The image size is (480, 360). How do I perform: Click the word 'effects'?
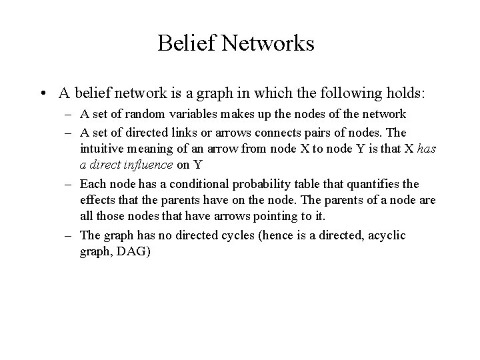click(97, 199)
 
